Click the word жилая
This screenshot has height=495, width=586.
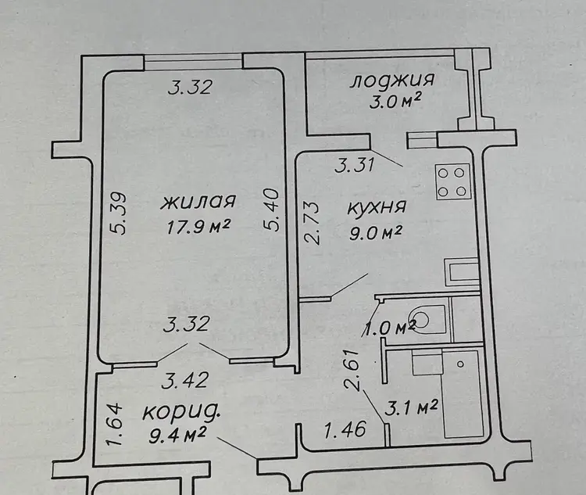point(198,203)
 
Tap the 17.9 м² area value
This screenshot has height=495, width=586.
point(198,226)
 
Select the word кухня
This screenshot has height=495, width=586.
point(377,208)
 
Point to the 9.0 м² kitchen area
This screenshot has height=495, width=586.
point(375,233)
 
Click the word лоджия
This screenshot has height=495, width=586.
point(392,81)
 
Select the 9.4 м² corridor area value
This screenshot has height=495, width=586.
point(177,436)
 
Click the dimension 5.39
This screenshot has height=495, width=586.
point(120,213)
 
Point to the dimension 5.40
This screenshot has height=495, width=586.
point(271,210)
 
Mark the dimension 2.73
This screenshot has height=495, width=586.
point(311,224)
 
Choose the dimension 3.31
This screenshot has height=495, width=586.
point(354,165)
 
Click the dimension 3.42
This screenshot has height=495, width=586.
point(186,381)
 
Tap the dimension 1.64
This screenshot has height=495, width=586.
point(115,425)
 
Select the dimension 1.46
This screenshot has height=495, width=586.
point(345,429)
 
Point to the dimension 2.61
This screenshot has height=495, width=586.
point(353,371)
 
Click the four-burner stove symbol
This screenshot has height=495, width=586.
point(452,182)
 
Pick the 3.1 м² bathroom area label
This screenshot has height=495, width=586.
point(411,408)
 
